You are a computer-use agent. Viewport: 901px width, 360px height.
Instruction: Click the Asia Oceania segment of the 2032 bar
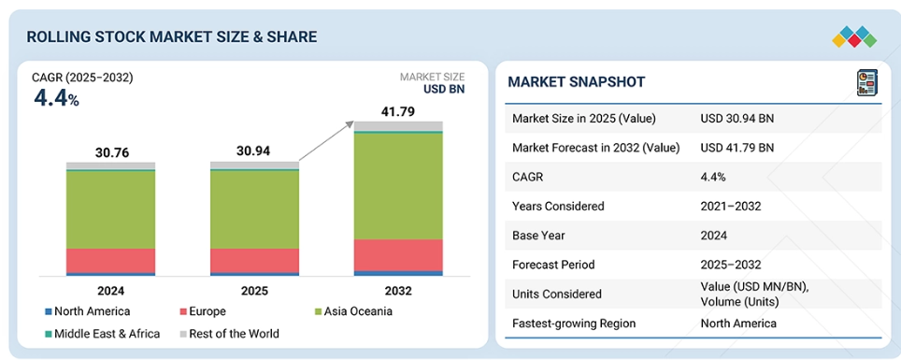(398, 186)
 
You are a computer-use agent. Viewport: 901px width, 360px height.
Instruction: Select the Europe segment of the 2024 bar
(111, 261)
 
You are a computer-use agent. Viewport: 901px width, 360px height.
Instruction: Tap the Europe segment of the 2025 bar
(254, 261)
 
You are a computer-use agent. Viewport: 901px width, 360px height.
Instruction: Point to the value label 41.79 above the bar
(397, 111)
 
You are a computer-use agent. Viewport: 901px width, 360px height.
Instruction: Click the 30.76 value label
(111, 153)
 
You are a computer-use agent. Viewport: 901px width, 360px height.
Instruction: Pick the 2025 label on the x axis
(254, 291)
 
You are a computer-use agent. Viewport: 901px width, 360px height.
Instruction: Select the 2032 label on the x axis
(398, 291)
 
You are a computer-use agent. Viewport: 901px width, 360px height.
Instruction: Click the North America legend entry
(87, 311)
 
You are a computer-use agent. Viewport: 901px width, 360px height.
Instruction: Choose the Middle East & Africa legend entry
(102, 334)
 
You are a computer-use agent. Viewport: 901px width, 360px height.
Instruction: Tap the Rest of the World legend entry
(229, 334)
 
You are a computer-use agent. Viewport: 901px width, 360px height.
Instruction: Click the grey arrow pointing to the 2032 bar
(327, 141)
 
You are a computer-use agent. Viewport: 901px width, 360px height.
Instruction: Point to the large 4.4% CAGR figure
(56, 99)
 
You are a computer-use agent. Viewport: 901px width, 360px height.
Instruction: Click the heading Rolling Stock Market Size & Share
(172, 36)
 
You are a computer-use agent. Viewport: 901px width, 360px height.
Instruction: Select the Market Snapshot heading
(577, 81)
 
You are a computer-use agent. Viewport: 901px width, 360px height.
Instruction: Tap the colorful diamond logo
(854, 36)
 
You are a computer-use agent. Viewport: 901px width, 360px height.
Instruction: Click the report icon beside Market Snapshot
(867, 83)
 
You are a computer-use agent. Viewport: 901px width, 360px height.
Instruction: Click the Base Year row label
(538, 236)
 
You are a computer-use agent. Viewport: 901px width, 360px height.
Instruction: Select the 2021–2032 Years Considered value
(731, 206)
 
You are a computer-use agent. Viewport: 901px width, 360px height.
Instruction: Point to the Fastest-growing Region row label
(574, 324)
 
